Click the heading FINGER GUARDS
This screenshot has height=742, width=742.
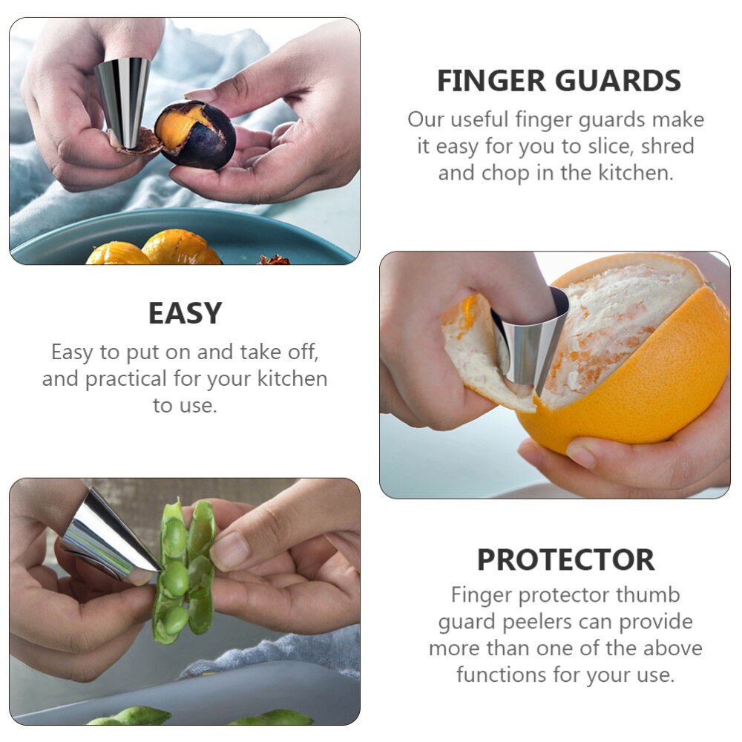tap(558, 81)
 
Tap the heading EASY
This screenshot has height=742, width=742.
tap(185, 313)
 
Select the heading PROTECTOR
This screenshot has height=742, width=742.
tap(565, 559)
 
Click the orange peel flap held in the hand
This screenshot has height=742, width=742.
tap(482, 356)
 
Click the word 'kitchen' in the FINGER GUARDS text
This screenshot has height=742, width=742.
tap(636, 174)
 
